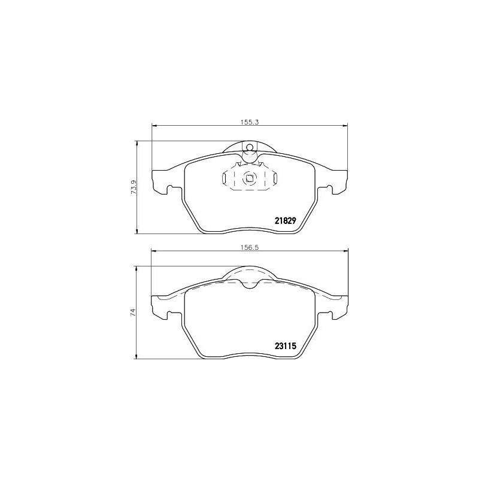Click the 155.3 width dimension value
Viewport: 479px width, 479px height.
coord(249,122)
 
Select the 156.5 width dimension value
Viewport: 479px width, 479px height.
coord(249,247)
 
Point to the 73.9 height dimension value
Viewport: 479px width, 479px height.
coord(134,187)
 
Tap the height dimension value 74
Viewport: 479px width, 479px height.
coord(134,312)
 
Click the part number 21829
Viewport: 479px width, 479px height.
coord(286,220)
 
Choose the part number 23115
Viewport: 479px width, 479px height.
coord(286,345)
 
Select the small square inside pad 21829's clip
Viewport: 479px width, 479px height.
coord(249,177)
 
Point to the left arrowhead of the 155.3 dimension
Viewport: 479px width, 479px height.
coord(153,125)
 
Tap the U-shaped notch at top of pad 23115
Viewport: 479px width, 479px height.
coord(250,283)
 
